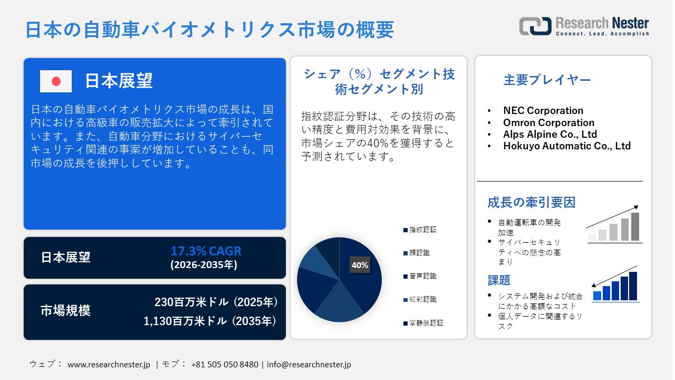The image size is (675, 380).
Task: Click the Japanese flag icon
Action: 56,81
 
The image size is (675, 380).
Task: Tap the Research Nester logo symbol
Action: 535,26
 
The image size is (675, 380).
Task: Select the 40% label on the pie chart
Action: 360,265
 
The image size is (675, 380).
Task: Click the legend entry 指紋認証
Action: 422,230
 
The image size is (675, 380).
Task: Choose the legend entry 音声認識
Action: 422,276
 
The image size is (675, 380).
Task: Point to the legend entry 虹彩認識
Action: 422,299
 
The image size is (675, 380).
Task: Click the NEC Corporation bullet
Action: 543,110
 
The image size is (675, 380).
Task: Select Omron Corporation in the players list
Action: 548,122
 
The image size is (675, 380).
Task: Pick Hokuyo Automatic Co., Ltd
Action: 567,146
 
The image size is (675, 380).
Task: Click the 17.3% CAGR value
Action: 206,251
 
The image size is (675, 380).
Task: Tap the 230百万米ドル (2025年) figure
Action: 216,302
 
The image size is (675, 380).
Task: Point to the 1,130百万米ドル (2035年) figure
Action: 210,320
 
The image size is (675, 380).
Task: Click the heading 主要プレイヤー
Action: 547,80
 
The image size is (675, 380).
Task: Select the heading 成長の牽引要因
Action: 531,202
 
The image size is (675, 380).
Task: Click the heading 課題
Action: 499,280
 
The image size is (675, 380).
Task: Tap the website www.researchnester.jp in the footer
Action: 109,364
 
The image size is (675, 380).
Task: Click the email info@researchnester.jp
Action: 309,364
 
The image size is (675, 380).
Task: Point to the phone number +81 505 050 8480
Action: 225,364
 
